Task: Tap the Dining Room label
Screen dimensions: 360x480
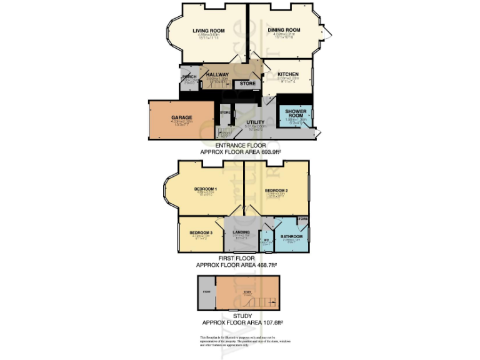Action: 284,29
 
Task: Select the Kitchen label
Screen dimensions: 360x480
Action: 288,74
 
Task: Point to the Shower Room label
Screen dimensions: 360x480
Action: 295,114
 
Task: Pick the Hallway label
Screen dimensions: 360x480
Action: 217,74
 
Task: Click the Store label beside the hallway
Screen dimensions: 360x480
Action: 248,83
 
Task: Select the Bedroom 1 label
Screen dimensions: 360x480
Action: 205,189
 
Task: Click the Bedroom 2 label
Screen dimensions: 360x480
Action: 276,189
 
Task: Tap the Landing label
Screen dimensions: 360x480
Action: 241,232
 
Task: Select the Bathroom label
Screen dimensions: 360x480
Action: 292,236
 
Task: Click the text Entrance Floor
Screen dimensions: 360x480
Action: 240,145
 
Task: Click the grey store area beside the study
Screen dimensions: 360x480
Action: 206,292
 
